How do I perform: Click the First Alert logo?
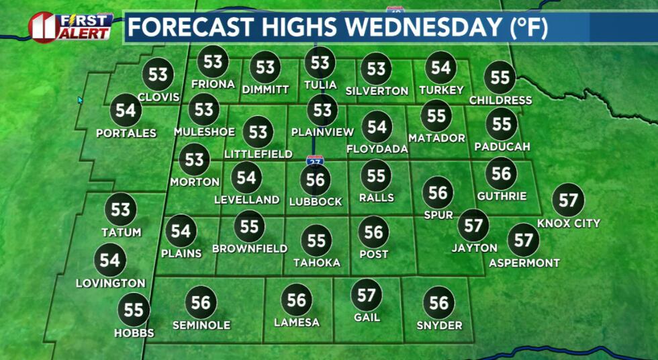point(70,27)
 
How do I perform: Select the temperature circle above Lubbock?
point(316,179)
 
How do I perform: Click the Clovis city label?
point(158,97)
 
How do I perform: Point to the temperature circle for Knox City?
point(568,200)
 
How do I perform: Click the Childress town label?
point(500,101)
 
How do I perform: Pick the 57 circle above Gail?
point(367,295)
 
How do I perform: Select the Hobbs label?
point(134,333)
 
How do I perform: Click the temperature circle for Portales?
point(126,109)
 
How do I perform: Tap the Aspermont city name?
point(524,263)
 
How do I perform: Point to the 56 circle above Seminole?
point(201,302)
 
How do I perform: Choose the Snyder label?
point(439,326)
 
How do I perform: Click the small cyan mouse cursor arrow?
point(80,100)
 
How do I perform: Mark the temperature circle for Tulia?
point(320,63)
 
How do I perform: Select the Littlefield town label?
point(258,154)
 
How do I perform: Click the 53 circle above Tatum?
point(121,209)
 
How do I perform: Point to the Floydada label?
point(377,149)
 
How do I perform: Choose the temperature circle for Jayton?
point(473,226)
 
